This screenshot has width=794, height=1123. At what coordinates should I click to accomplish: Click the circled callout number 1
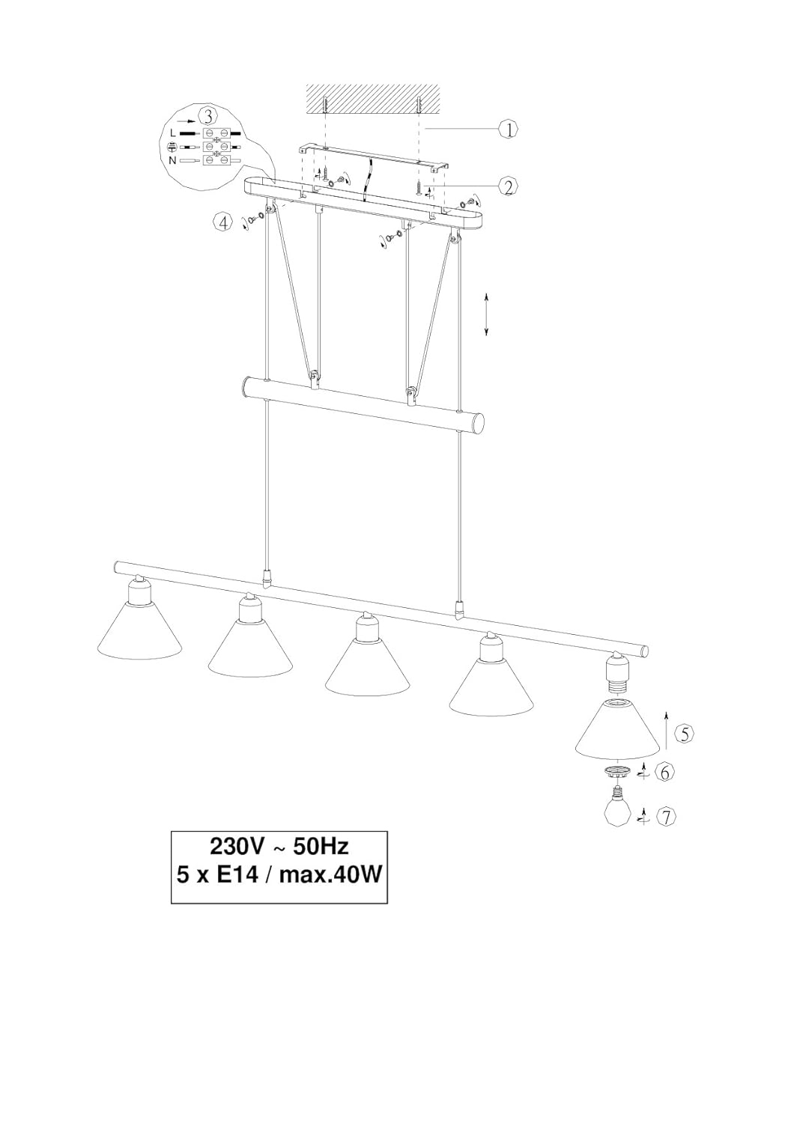[508, 130]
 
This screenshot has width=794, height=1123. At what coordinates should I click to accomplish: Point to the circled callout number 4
[222, 222]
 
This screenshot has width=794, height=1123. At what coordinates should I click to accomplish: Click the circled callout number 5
[684, 734]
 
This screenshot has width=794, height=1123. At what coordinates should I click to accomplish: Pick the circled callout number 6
[664, 773]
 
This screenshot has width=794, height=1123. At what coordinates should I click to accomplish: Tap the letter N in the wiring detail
[172, 160]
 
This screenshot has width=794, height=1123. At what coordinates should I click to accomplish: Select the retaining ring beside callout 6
[616, 772]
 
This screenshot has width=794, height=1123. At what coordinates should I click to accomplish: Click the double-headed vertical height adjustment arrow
[486, 314]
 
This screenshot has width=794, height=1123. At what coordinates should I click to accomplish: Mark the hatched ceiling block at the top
[373, 100]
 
